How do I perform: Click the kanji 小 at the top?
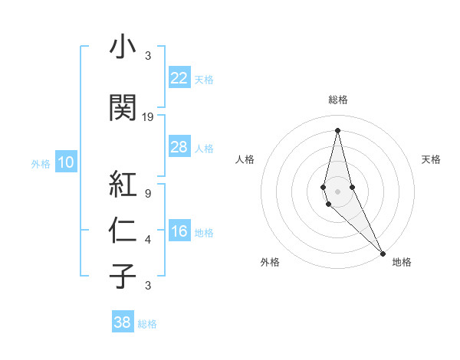[123, 47]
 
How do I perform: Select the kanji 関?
[123, 108]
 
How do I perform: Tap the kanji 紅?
[123, 184]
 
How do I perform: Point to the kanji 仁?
[123, 230]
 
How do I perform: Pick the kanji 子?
[123, 276]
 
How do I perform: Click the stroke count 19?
[148, 117]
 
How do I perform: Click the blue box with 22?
[179, 78]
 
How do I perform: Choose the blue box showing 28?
[179, 147]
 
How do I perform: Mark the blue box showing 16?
[179, 232]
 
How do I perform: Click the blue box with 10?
[66, 162]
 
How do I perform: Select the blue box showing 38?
[123, 322]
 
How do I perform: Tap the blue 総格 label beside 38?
[147, 324]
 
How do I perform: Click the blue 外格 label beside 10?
[40, 163]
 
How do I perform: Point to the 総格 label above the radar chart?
[337, 100]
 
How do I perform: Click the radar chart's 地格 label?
[402, 263]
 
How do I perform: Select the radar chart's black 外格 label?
[270, 263]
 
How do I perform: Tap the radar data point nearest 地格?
[383, 253]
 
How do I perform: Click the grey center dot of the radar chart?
[337, 191]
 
